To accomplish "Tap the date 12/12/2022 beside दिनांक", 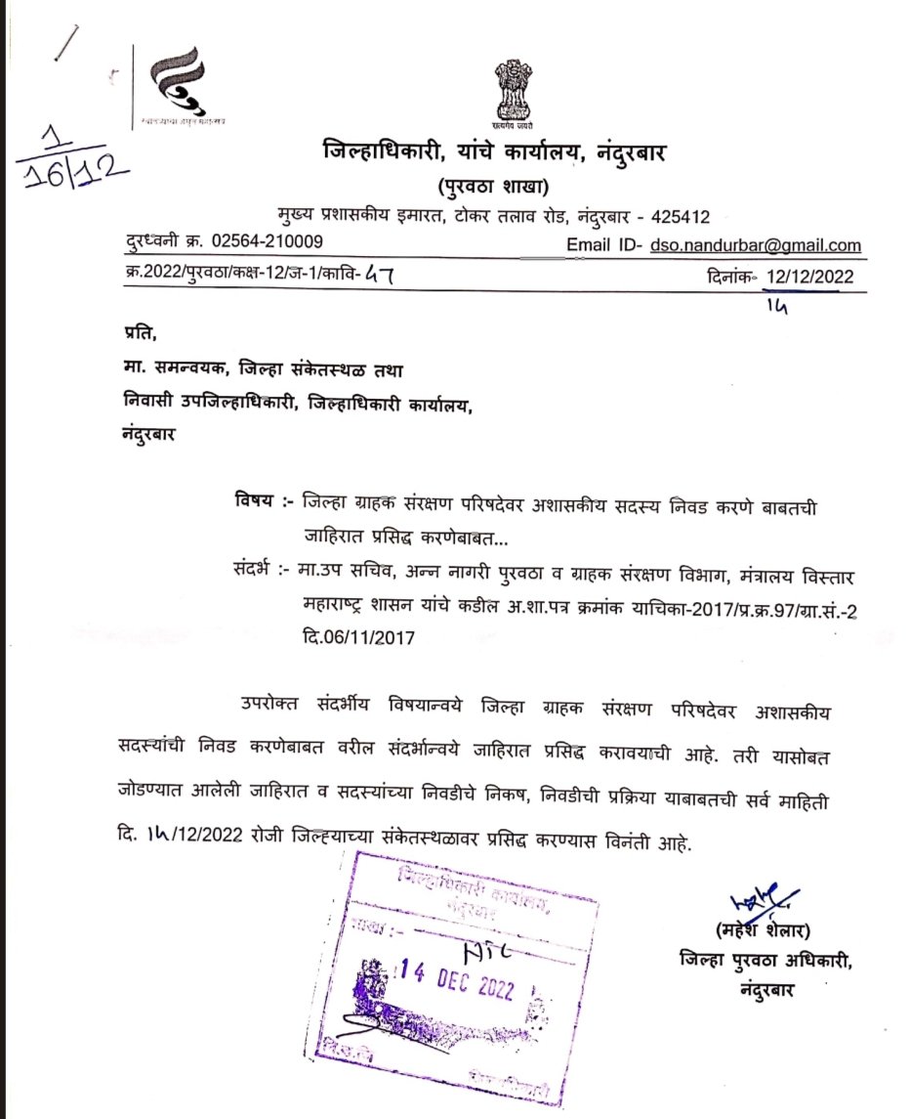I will click(x=808, y=277).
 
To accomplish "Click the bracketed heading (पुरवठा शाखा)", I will click(x=492, y=186).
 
